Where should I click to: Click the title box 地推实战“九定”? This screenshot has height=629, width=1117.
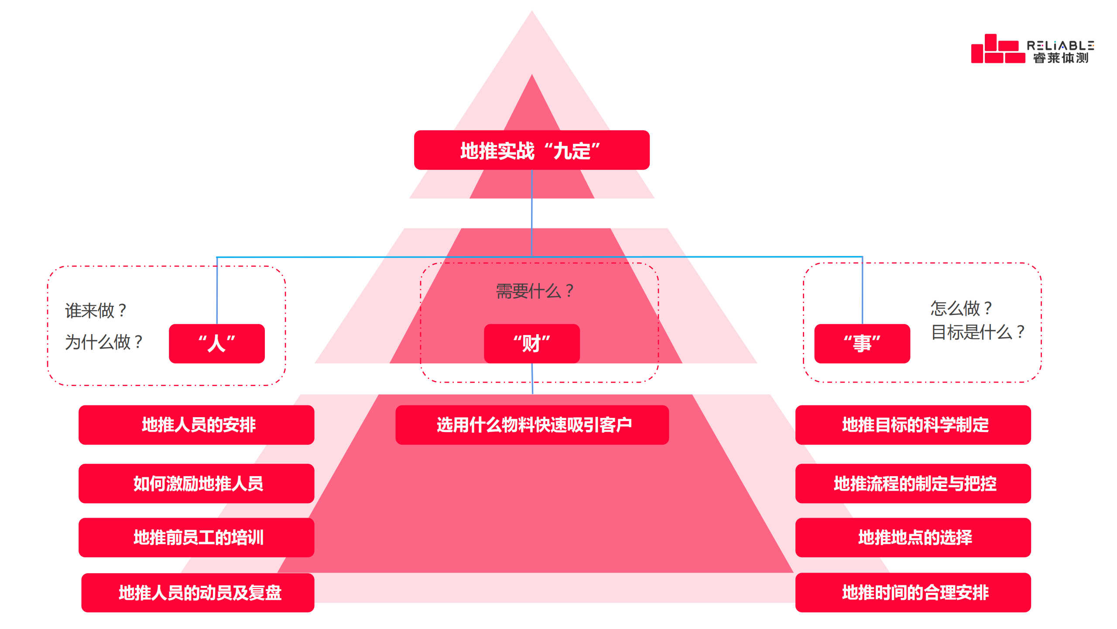tap(531, 150)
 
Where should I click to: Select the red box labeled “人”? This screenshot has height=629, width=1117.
tap(217, 343)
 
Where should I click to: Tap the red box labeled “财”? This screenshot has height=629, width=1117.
tap(531, 343)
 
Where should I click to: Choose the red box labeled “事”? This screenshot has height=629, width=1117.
tap(862, 343)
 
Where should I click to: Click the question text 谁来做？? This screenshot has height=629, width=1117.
tap(96, 311)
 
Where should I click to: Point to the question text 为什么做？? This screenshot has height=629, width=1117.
tap(104, 342)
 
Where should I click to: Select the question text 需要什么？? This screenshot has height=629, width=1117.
tap(535, 291)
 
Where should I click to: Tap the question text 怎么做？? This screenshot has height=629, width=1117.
tap(961, 308)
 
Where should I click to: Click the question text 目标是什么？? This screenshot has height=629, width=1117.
tap(977, 332)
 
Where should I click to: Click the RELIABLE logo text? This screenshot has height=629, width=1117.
tap(1060, 45)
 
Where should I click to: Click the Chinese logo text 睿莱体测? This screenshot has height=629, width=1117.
tap(1060, 58)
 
